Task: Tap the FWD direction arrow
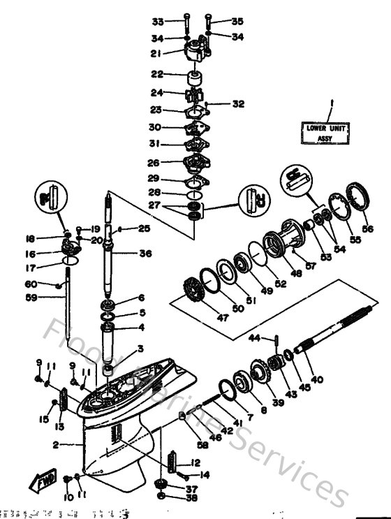[41, 481]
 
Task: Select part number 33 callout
[157, 22]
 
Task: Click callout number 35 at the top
[238, 22]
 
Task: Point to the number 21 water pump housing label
[157, 53]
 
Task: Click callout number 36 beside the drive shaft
[145, 254]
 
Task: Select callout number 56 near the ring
[367, 228]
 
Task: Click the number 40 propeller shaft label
[317, 379]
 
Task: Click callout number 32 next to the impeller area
[239, 104]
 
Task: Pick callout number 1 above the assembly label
[332, 102]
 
